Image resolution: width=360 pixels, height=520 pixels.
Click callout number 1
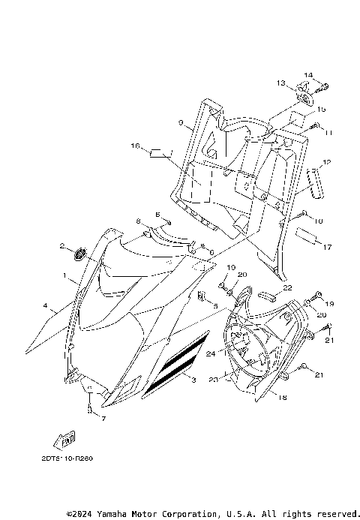(65, 276)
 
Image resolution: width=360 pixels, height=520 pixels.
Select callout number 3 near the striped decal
(193, 380)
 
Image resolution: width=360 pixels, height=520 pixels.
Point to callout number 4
(46, 305)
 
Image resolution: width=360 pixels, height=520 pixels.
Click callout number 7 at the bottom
(104, 418)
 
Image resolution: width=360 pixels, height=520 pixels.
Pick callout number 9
(181, 122)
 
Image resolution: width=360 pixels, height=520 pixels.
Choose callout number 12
(326, 162)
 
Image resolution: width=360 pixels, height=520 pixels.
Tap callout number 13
(280, 83)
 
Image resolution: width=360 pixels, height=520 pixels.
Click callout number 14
(307, 75)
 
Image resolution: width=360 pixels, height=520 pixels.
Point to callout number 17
(327, 245)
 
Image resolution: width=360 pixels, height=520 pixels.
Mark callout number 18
(283, 398)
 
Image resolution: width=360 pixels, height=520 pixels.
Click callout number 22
(288, 287)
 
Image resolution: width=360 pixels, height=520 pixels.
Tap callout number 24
(211, 353)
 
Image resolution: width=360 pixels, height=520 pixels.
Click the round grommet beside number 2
(81, 250)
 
